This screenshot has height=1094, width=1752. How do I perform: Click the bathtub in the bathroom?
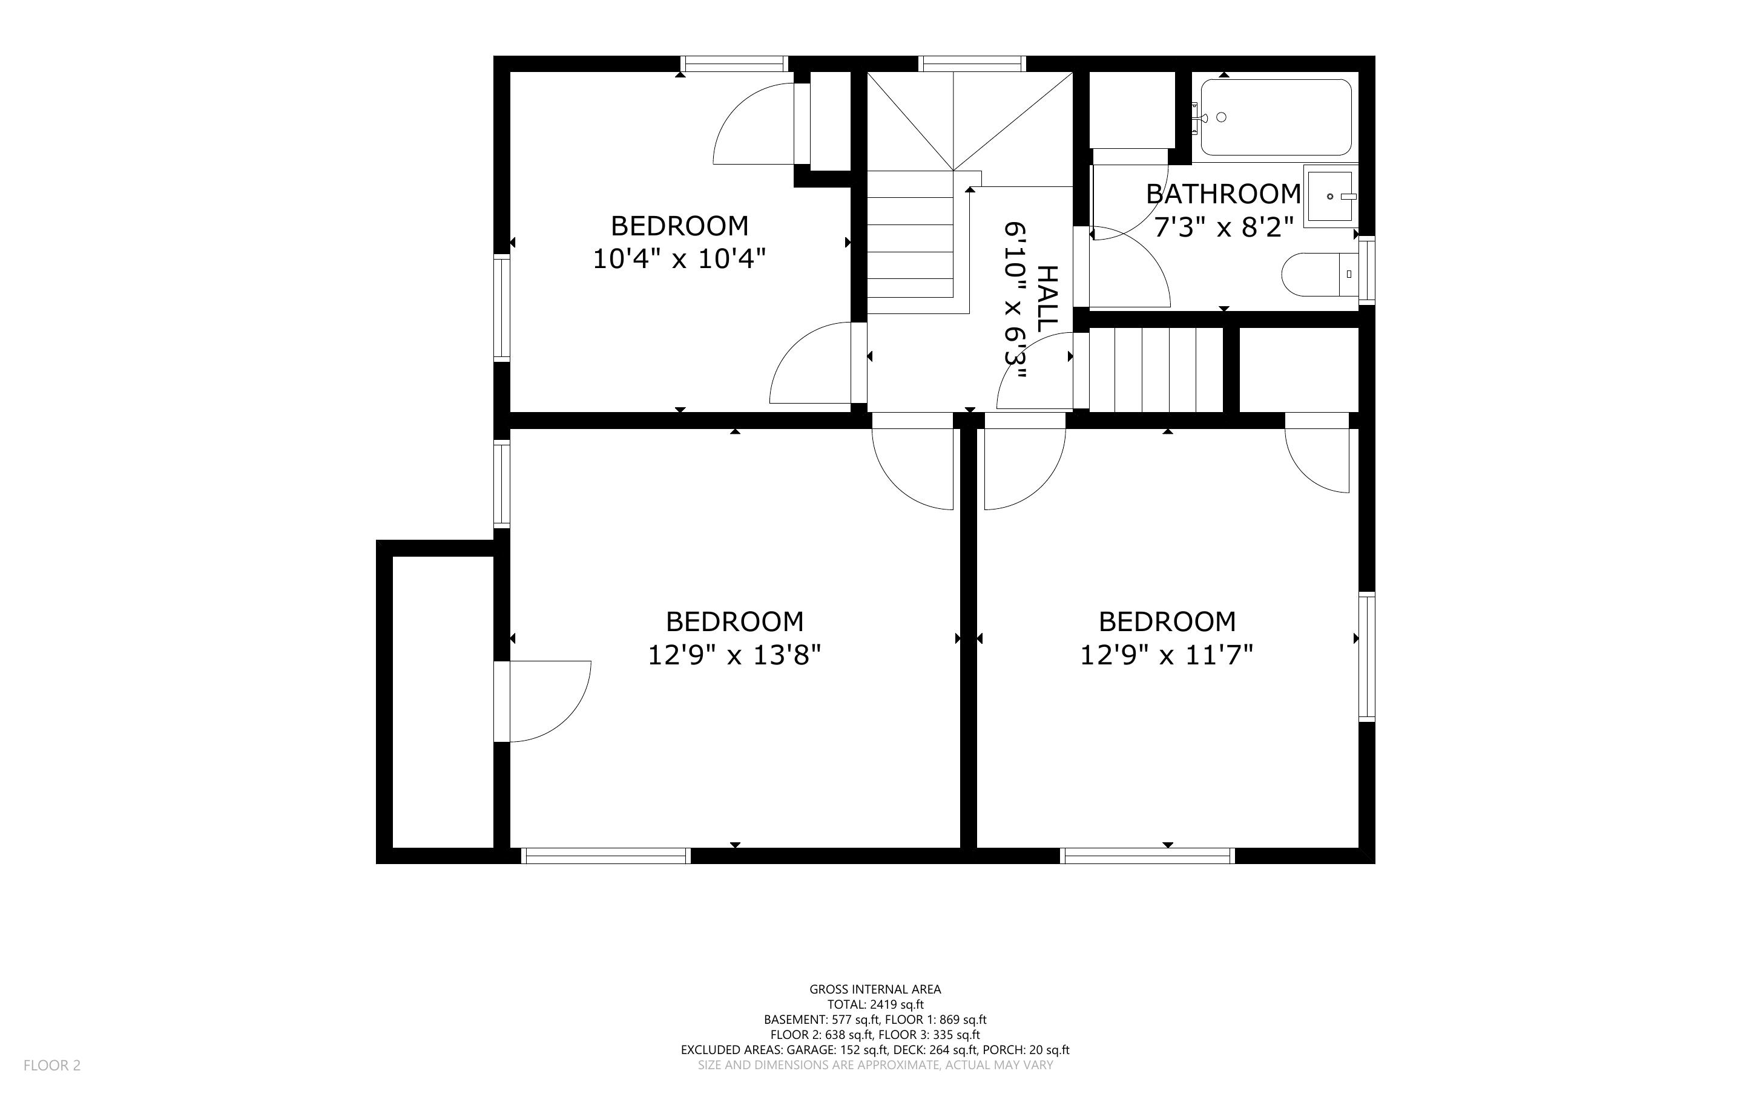pos(1276,117)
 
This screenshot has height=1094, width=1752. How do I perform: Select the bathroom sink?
pos(1330,196)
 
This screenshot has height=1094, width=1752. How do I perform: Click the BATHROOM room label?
pos(1223,194)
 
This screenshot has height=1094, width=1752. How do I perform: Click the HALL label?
pos(1047,299)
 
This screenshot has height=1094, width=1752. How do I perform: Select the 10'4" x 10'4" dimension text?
pos(679,258)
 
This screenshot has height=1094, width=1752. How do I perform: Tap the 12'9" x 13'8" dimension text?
pos(734,655)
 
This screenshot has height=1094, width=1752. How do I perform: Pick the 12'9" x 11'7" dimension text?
pos(1167,655)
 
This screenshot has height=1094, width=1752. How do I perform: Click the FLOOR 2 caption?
pos(52,1065)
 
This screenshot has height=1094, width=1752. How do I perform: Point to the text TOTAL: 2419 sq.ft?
pos(875,1004)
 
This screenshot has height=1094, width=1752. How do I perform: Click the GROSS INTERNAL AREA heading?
pos(875,989)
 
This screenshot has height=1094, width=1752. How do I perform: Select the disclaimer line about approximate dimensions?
pos(875,1065)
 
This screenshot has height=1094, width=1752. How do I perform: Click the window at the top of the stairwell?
pos(972,64)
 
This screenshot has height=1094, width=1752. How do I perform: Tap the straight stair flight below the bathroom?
pos(1156,370)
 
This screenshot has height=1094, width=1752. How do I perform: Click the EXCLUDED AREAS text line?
pos(875,1050)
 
